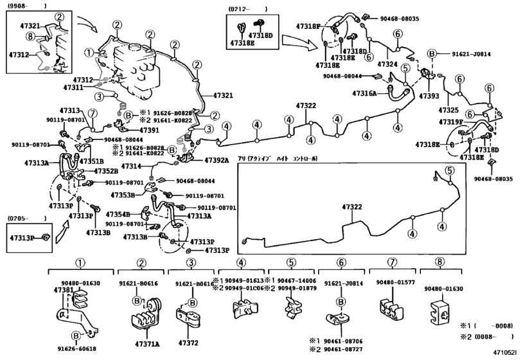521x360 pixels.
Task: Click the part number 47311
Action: (74, 87)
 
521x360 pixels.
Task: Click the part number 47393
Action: (429, 95)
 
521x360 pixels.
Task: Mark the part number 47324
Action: (387, 64)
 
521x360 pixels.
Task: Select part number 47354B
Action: (118, 213)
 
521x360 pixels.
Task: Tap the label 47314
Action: (139, 167)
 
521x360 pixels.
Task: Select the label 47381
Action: (64, 290)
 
